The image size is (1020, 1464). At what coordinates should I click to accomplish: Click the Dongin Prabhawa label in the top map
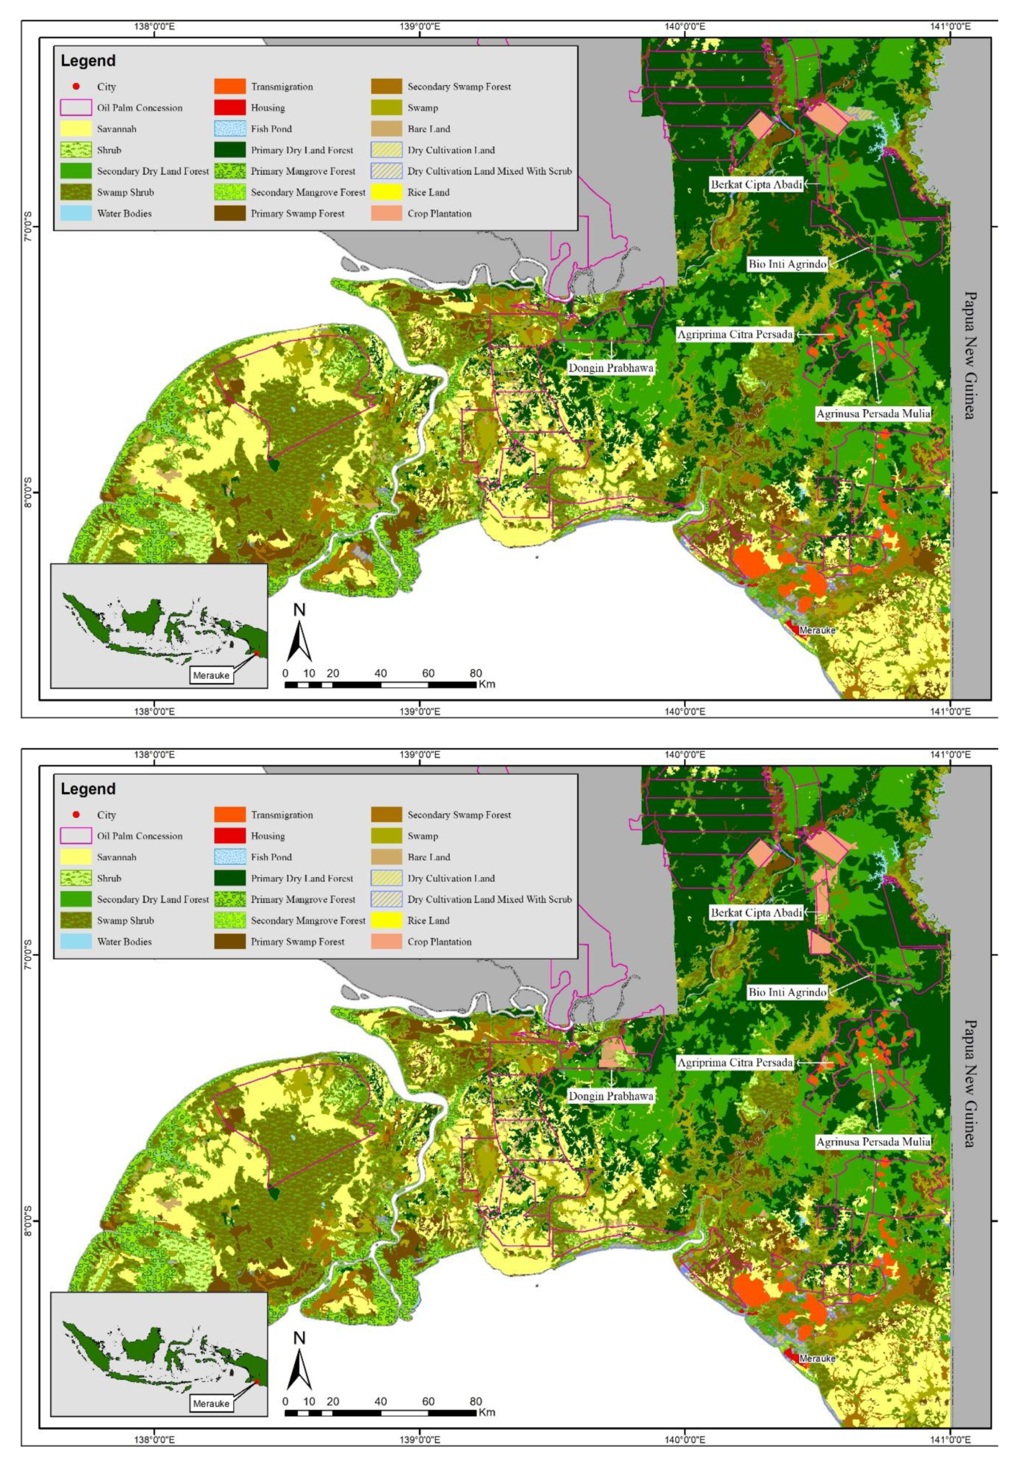[x=610, y=368]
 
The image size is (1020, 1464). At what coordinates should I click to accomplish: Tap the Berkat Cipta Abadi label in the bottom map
[x=756, y=912]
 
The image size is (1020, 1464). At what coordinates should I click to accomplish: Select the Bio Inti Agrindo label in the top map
[x=787, y=264]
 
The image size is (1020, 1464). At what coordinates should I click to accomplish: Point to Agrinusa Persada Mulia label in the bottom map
[x=873, y=1142]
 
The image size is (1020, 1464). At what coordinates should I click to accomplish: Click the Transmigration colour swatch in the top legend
[x=230, y=87]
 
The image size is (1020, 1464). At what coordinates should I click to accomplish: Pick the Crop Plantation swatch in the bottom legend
[x=386, y=942]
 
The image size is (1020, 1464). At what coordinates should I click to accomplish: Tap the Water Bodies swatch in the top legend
[x=76, y=213]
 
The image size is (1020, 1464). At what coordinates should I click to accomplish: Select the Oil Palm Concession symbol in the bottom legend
[x=76, y=836]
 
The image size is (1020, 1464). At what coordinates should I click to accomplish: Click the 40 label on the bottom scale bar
[x=380, y=1401]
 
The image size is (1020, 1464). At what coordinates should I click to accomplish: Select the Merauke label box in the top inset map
[x=211, y=675]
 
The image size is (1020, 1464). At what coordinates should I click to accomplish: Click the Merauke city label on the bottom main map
[x=817, y=1358]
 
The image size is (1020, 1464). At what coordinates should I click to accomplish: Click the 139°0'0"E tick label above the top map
[x=419, y=27]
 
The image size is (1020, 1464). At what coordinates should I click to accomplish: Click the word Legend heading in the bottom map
[x=88, y=789]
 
